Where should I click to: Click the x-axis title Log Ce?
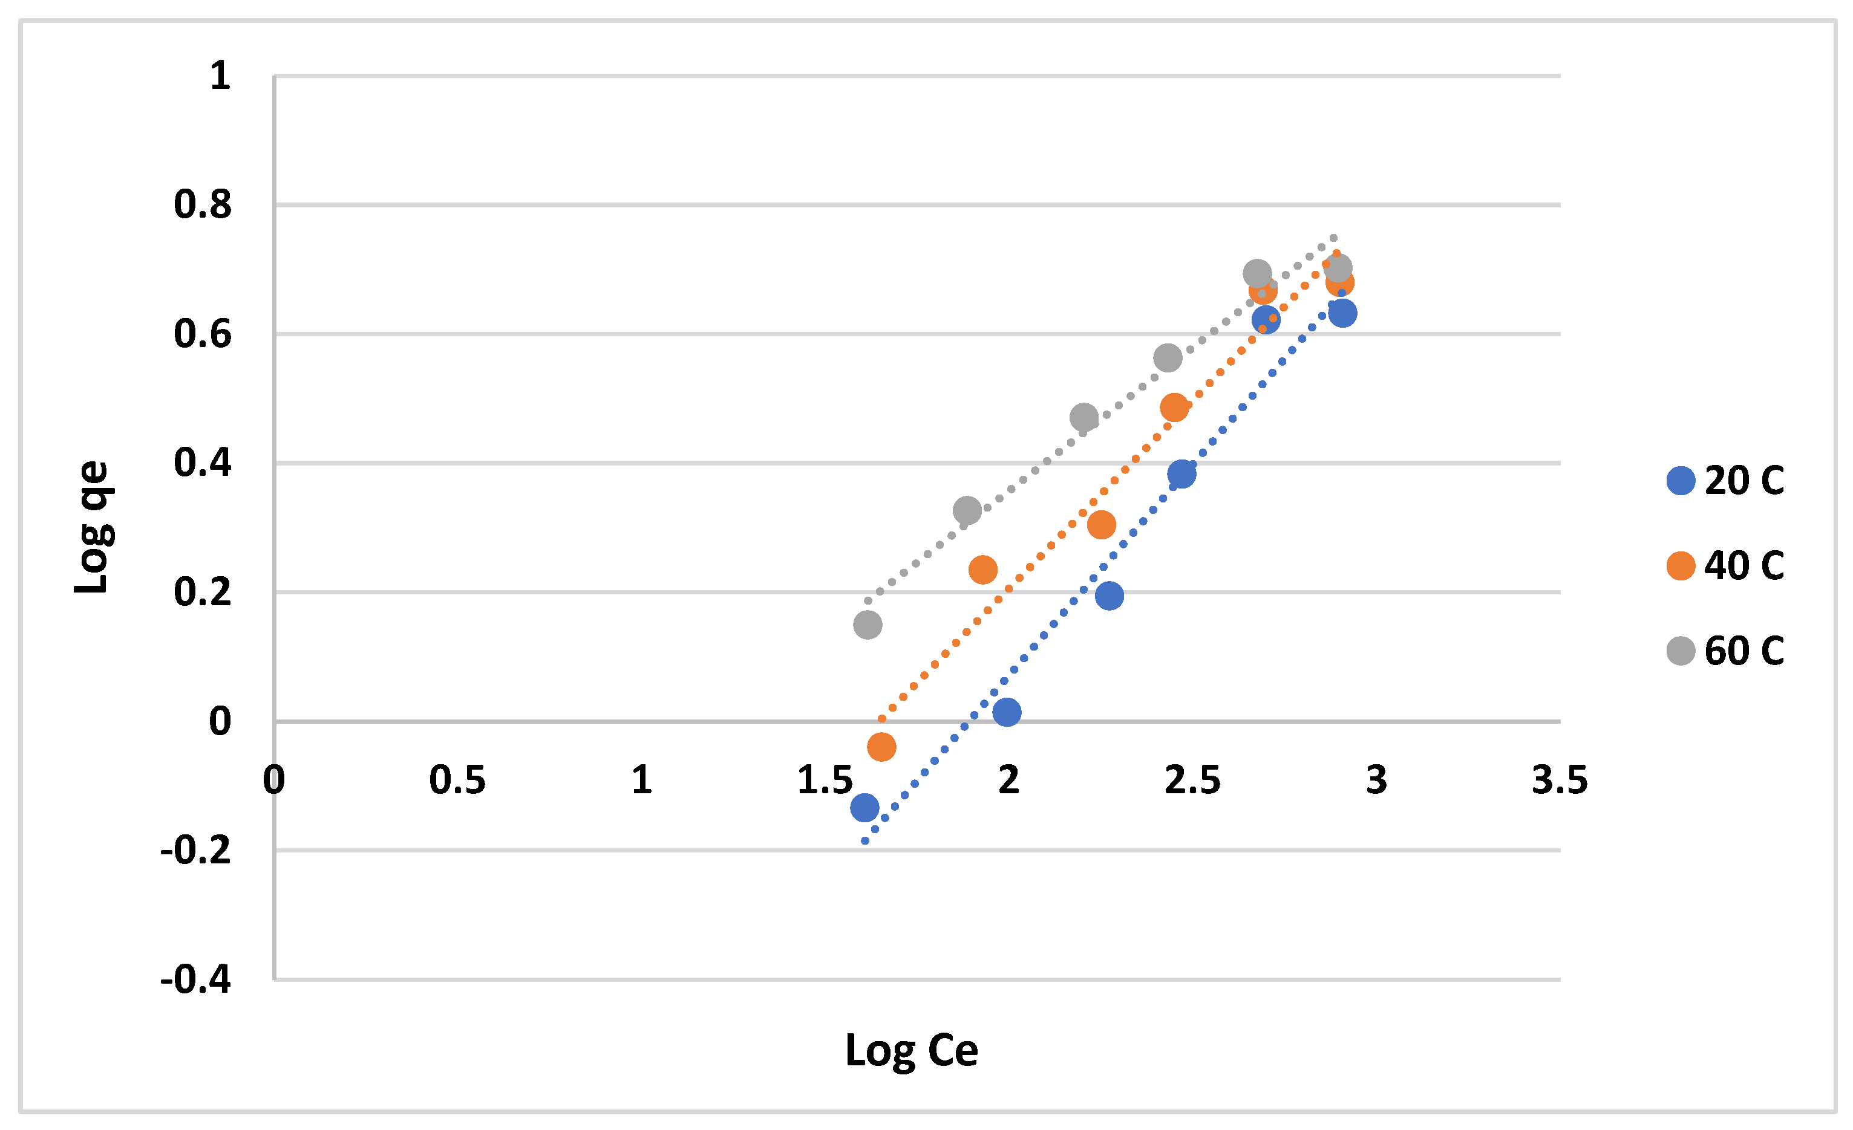tap(912, 1050)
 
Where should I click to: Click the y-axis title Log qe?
tap(93, 527)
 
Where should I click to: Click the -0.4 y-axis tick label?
tap(195, 979)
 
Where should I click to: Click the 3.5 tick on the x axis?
tap(1560, 781)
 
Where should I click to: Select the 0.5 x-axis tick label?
tap(457, 781)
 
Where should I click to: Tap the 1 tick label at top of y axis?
tap(220, 76)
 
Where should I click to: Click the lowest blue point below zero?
tap(865, 808)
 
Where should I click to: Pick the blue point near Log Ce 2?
tap(1007, 712)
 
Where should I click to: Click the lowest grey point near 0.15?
tap(868, 625)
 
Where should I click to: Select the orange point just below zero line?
tap(881, 747)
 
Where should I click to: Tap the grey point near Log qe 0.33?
tap(967, 510)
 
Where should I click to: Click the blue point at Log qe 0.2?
tap(1110, 596)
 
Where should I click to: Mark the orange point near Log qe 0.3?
tap(1102, 525)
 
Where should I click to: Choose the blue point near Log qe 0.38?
tap(1182, 473)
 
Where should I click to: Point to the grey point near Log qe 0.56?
tap(1168, 358)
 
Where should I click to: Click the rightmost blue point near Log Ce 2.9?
tap(1342, 313)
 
